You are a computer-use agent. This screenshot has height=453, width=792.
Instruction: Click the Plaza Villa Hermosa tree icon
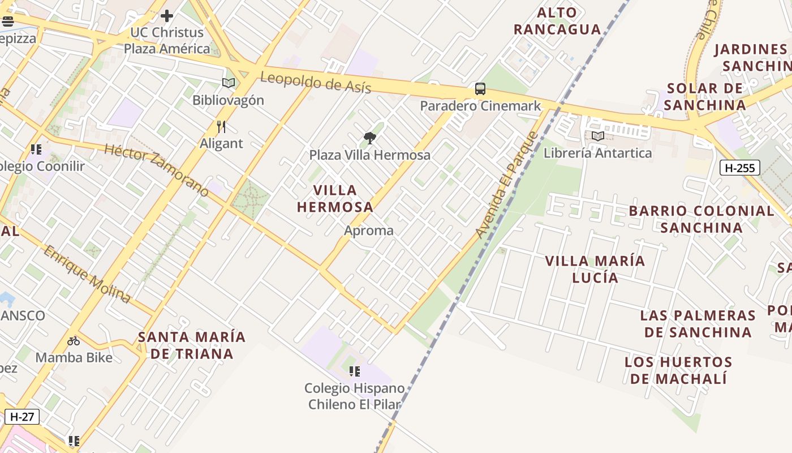pyautogui.click(x=370, y=138)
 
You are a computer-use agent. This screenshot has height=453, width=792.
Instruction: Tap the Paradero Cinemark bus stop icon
pyautogui.click(x=480, y=89)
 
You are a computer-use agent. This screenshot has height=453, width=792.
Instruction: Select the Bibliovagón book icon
pyautogui.click(x=229, y=83)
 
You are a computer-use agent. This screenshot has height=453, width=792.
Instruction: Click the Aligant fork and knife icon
pyautogui.click(x=221, y=126)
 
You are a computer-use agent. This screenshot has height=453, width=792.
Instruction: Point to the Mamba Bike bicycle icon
pyautogui.click(x=74, y=341)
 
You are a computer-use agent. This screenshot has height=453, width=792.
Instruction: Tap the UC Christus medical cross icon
pyautogui.click(x=167, y=16)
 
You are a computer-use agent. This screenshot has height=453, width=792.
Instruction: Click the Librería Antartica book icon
pyautogui.click(x=597, y=136)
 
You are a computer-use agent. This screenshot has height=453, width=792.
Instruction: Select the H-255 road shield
pyautogui.click(x=739, y=168)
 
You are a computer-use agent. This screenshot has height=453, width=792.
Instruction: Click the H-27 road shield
pyautogui.click(x=22, y=417)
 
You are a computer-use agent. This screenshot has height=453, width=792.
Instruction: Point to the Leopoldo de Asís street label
pyautogui.click(x=316, y=83)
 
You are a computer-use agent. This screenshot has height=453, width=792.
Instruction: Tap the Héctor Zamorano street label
pyautogui.click(x=157, y=170)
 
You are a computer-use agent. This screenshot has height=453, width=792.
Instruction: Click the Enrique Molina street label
pyautogui.click(x=87, y=274)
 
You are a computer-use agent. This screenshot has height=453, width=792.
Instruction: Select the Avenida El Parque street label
pyautogui.click(x=506, y=185)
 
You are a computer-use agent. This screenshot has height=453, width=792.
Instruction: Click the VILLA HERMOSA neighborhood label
pyautogui.click(x=335, y=199)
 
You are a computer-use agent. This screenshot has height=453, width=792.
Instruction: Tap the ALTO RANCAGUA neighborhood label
pyautogui.click(x=557, y=21)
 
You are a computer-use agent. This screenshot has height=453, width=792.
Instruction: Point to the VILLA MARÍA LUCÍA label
pyautogui.click(x=595, y=269)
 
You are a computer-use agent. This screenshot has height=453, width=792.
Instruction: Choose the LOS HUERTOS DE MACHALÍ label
pyautogui.click(x=678, y=370)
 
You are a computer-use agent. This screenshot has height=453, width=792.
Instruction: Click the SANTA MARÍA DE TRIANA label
pyautogui.click(x=192, y=345)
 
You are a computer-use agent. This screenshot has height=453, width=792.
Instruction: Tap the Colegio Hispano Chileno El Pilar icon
pyautogui.click(x=355, y=371)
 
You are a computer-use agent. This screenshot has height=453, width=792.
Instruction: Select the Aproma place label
pyautogui.click(x=369, y=230)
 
